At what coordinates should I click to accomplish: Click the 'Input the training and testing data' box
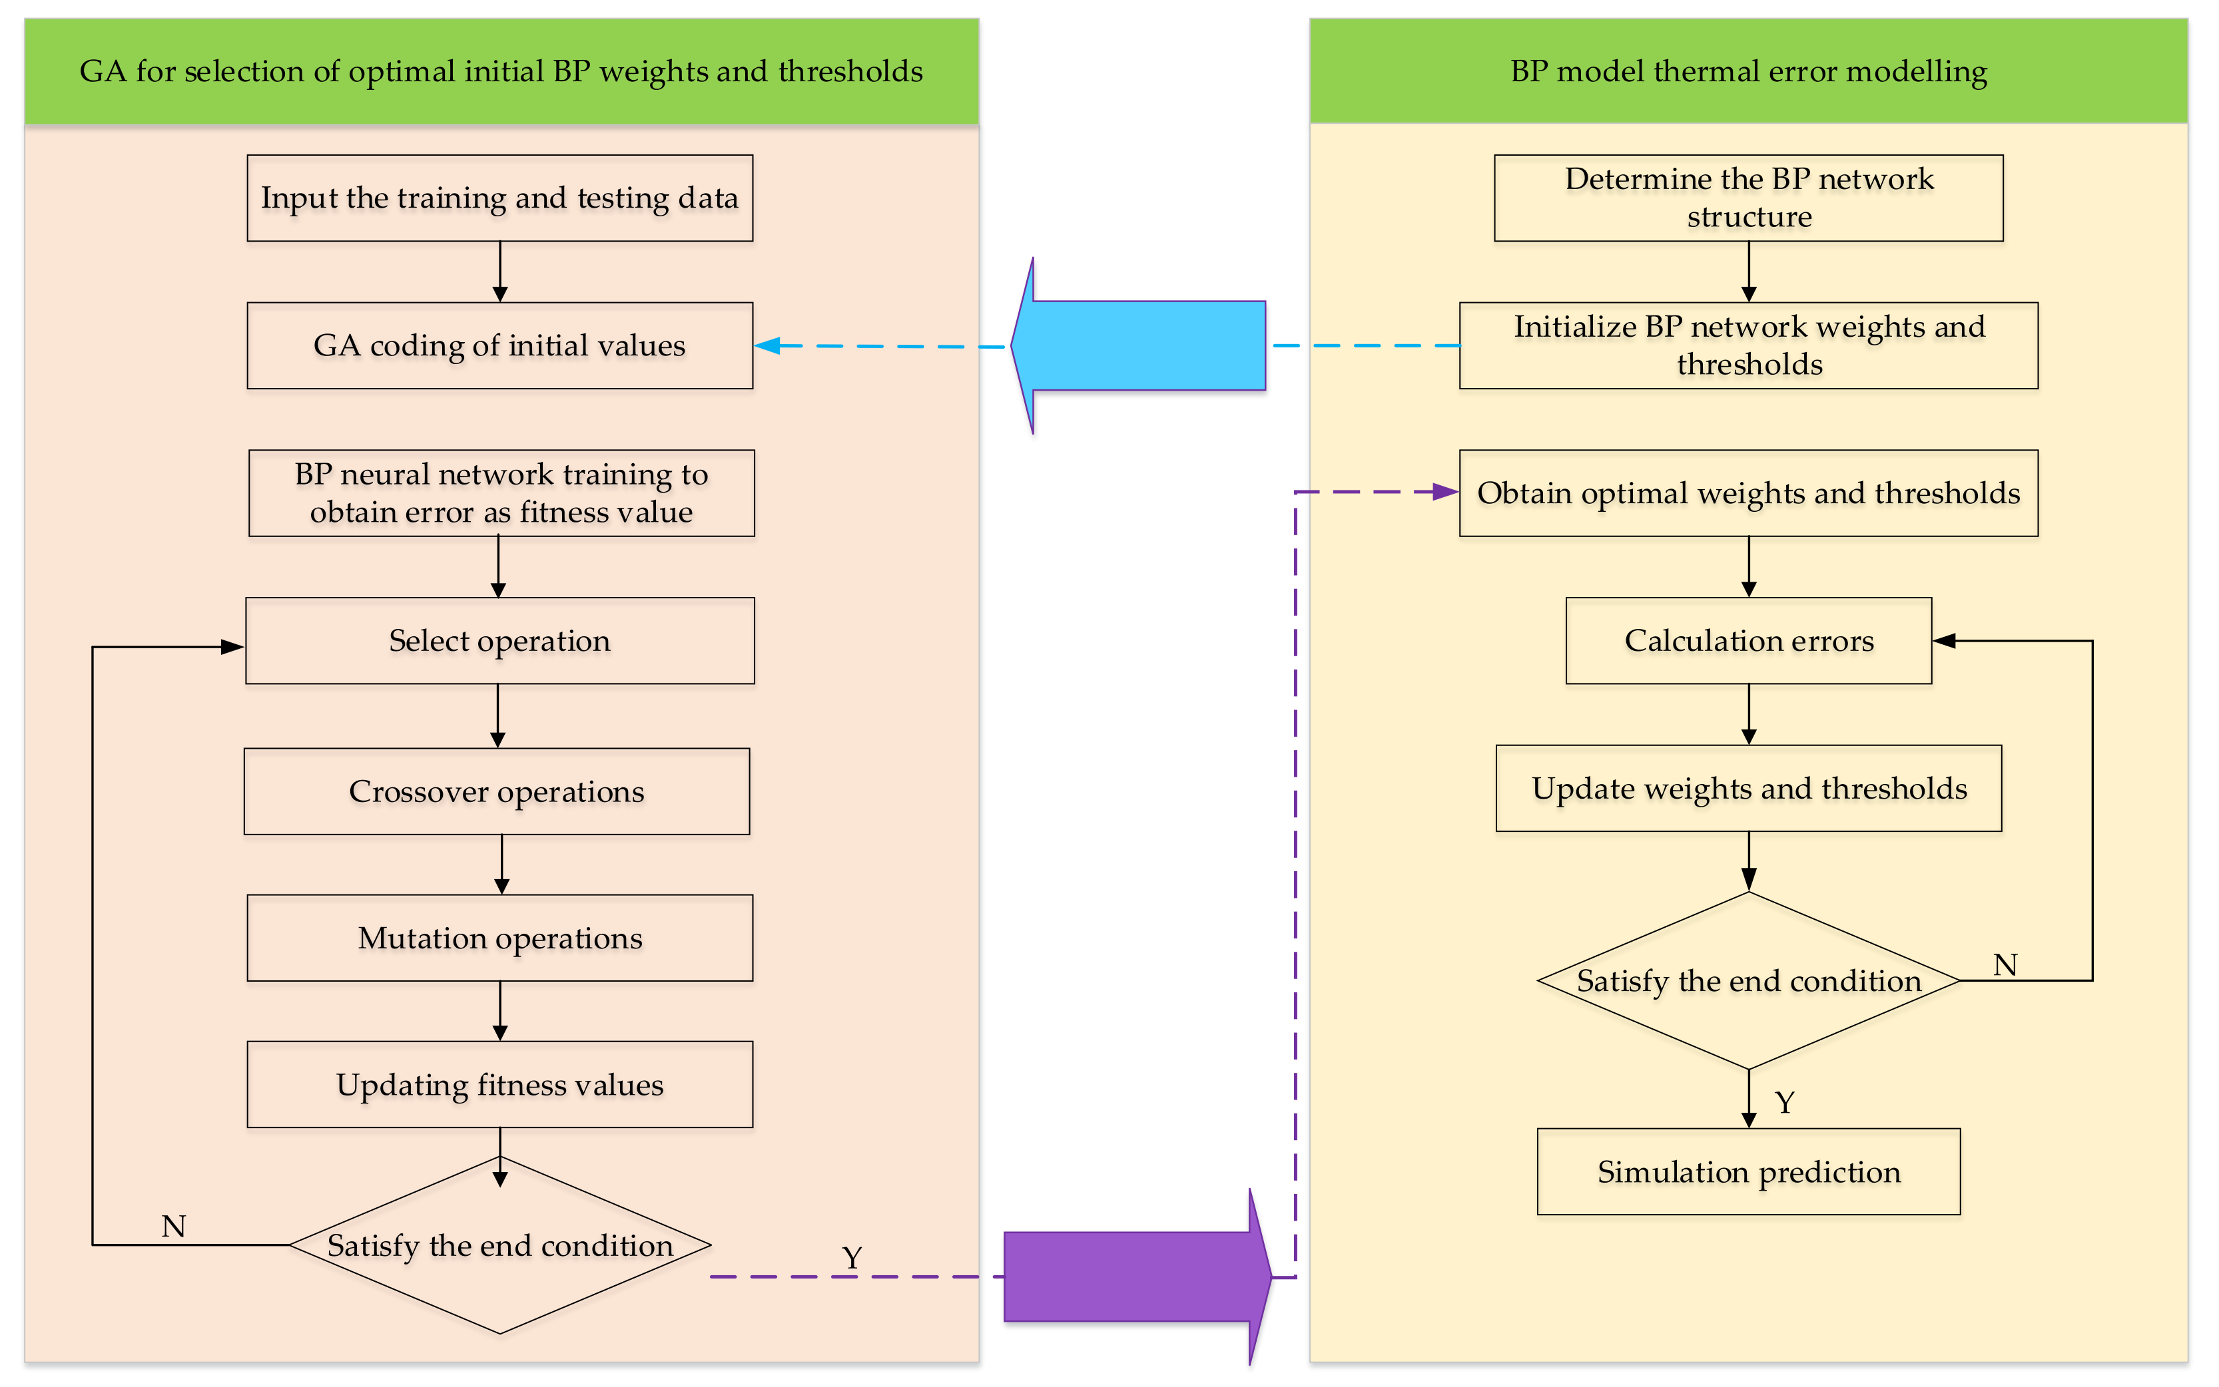(500, 198)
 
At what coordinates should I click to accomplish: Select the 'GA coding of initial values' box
(500, 346)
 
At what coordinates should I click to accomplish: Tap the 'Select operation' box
(500, 641)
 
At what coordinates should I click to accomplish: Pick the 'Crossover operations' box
(496, 791)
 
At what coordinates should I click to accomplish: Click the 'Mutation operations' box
(500, 938)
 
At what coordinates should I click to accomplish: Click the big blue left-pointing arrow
(1138, 346)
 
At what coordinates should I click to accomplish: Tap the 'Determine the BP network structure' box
(1749, 198)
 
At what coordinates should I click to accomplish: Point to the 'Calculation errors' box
(1749, 641)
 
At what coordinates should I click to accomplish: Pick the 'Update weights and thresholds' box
(1749, 789)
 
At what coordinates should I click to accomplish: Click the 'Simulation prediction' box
(1749, 1172)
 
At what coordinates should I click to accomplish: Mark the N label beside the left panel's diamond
(173, 1227)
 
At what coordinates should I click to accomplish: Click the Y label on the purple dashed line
(852, 1258)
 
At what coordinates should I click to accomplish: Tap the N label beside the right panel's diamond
(2005, 965)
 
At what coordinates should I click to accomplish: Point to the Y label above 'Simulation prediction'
(1785, 1101)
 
